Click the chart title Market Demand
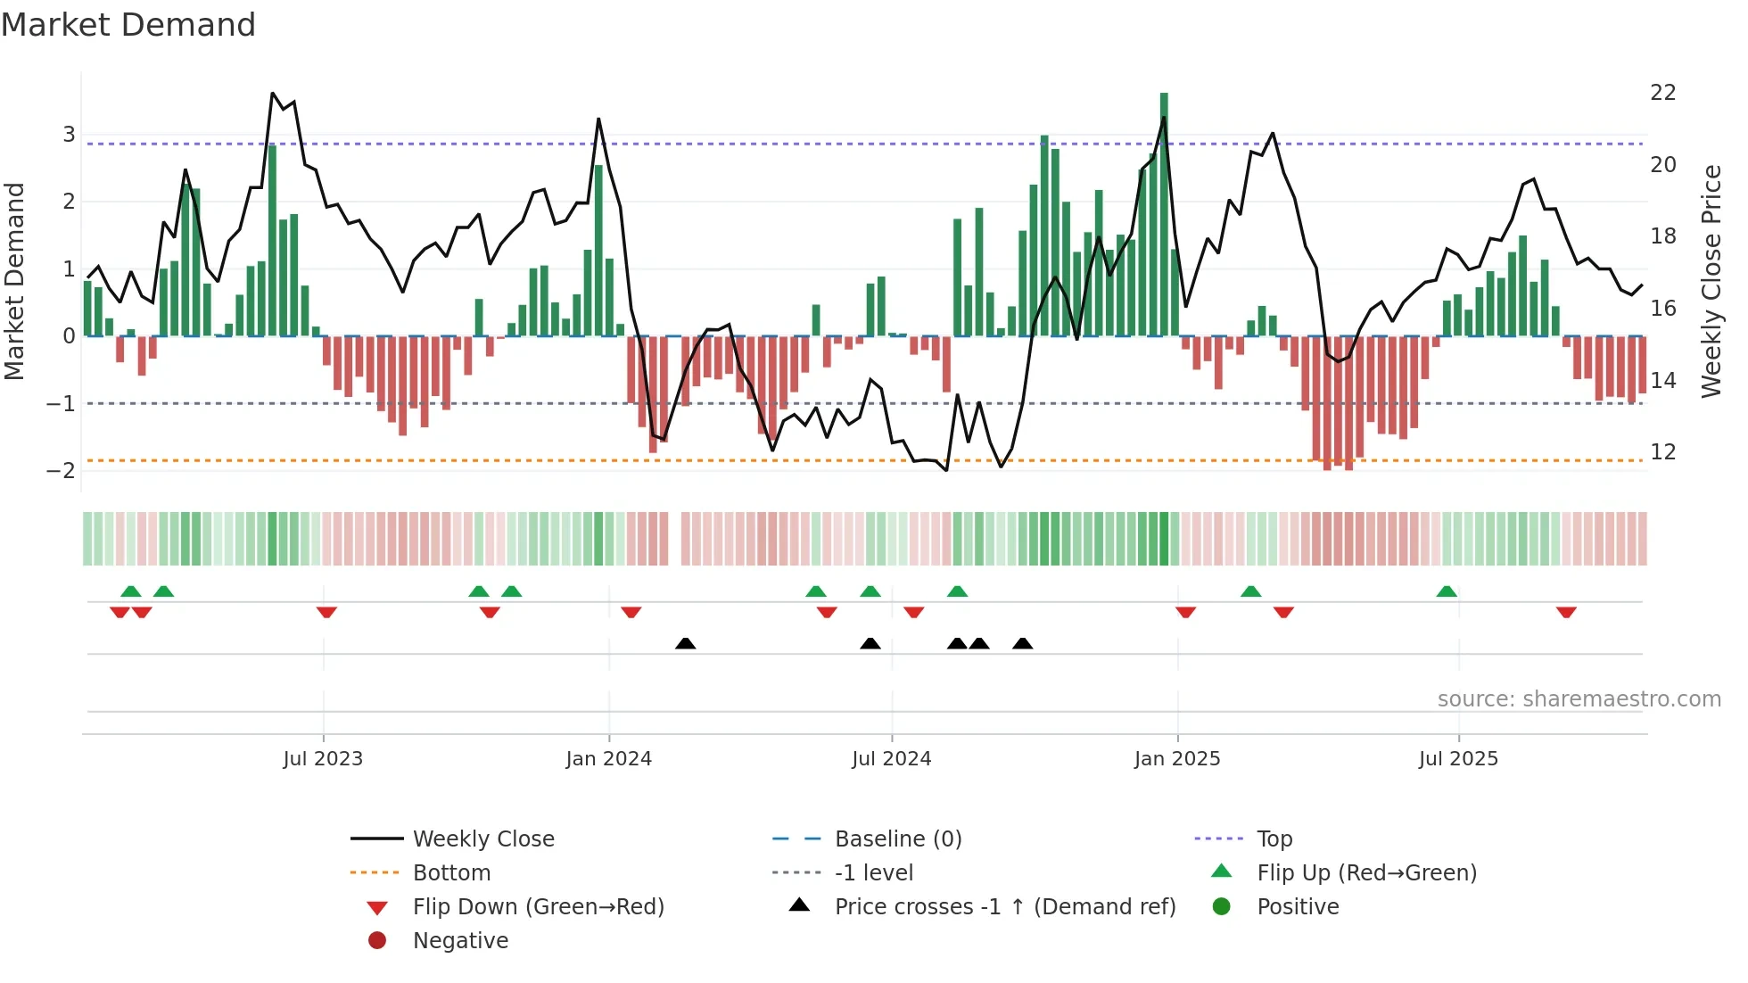(x=128, y=25)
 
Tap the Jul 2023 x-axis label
(x=323, y=759)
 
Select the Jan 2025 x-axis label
(x=1177, y=759)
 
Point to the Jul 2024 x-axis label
(x=891, y=759)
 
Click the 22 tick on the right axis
(x=1662, y=93)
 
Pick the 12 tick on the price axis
(x=1662, y=452)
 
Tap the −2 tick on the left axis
(x=61, y=471)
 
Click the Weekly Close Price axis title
(x=1711, y=281)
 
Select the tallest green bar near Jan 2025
(x=1164, y=214)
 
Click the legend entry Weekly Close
(x=482, y=839)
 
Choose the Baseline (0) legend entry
(x=897, y=839)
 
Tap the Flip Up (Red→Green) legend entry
(x=1366, y=873)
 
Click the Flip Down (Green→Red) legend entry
(x=538, y=907)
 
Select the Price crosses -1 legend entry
(x=1004, y=907)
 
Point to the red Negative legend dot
(x=377, y=941)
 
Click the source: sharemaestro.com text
(x=1579, y=699)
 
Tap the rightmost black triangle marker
(x=1023, y=644)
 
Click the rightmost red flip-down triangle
(x=1566, y=612)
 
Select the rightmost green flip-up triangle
(x=1447, y=591)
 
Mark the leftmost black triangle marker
(x=685, y=644)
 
